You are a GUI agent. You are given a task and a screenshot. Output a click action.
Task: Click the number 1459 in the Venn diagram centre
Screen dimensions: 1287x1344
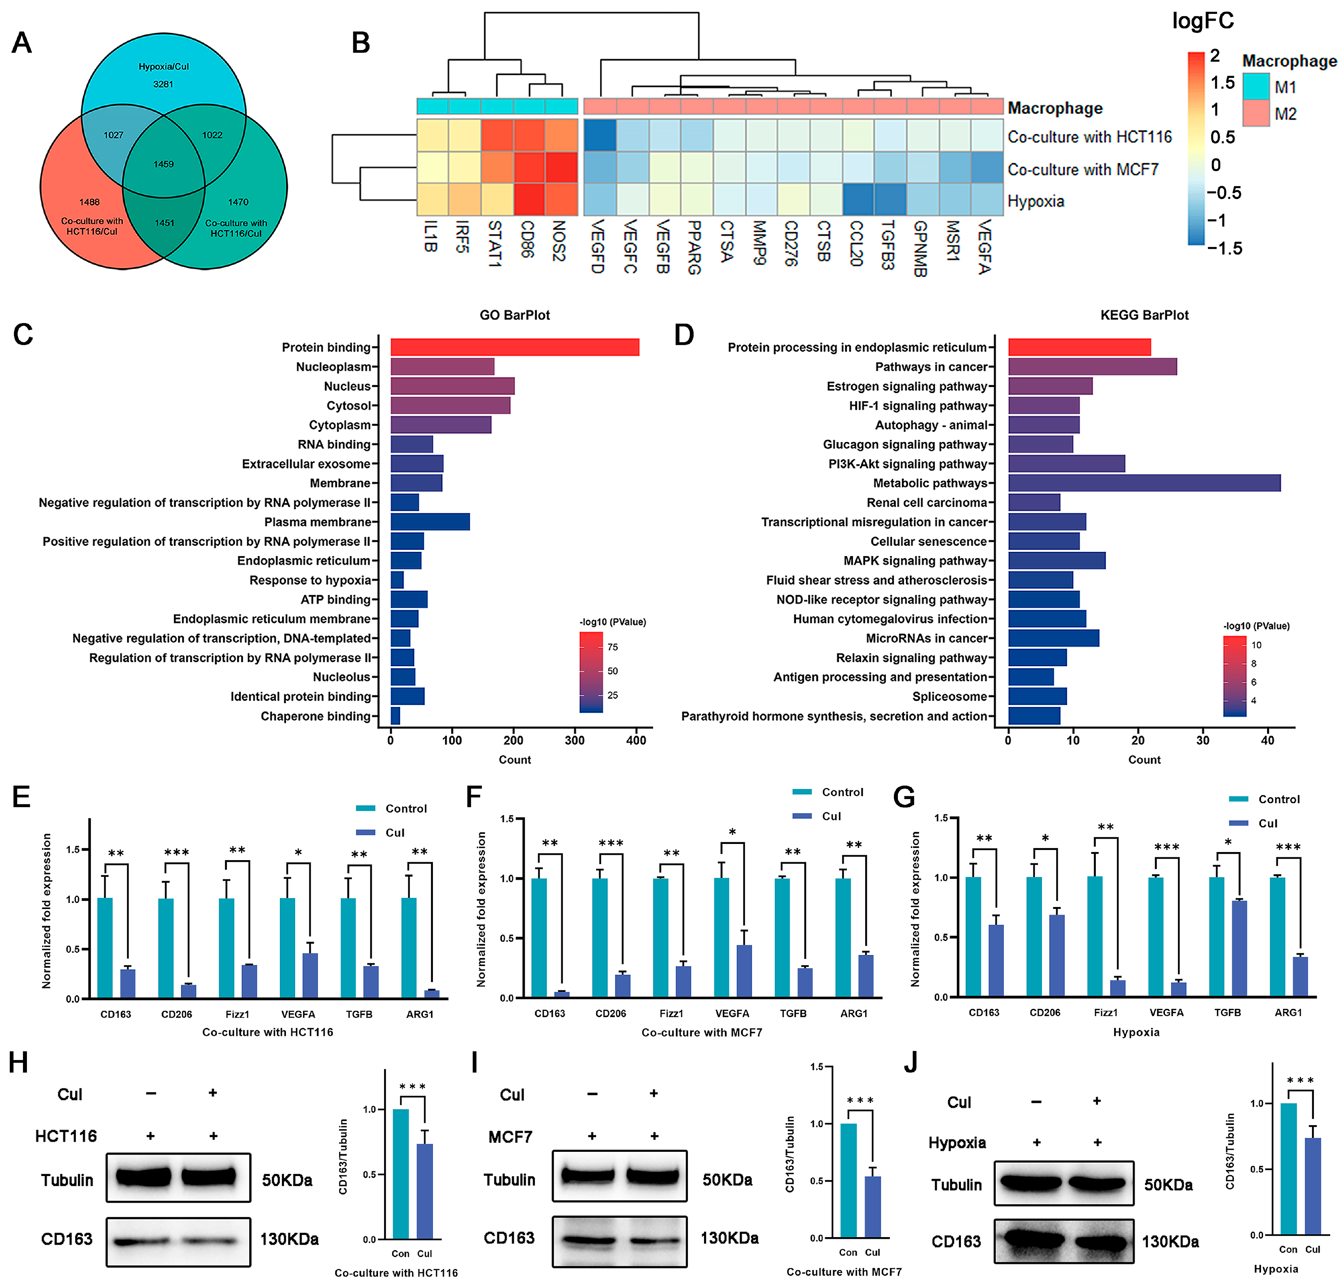point(163,165)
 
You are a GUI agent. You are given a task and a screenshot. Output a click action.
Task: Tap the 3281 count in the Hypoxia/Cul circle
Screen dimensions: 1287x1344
point(163,84)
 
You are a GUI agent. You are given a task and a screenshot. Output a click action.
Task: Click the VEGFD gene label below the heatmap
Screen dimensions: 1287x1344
point(597,247)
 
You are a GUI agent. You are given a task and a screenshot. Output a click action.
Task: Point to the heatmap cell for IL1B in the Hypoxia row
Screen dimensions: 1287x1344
point(433,200)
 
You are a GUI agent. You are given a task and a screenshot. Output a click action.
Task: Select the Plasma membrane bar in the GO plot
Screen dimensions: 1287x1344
point(430,522)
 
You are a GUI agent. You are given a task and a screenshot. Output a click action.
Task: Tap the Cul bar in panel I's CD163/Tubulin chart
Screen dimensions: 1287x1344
point(872,1207)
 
